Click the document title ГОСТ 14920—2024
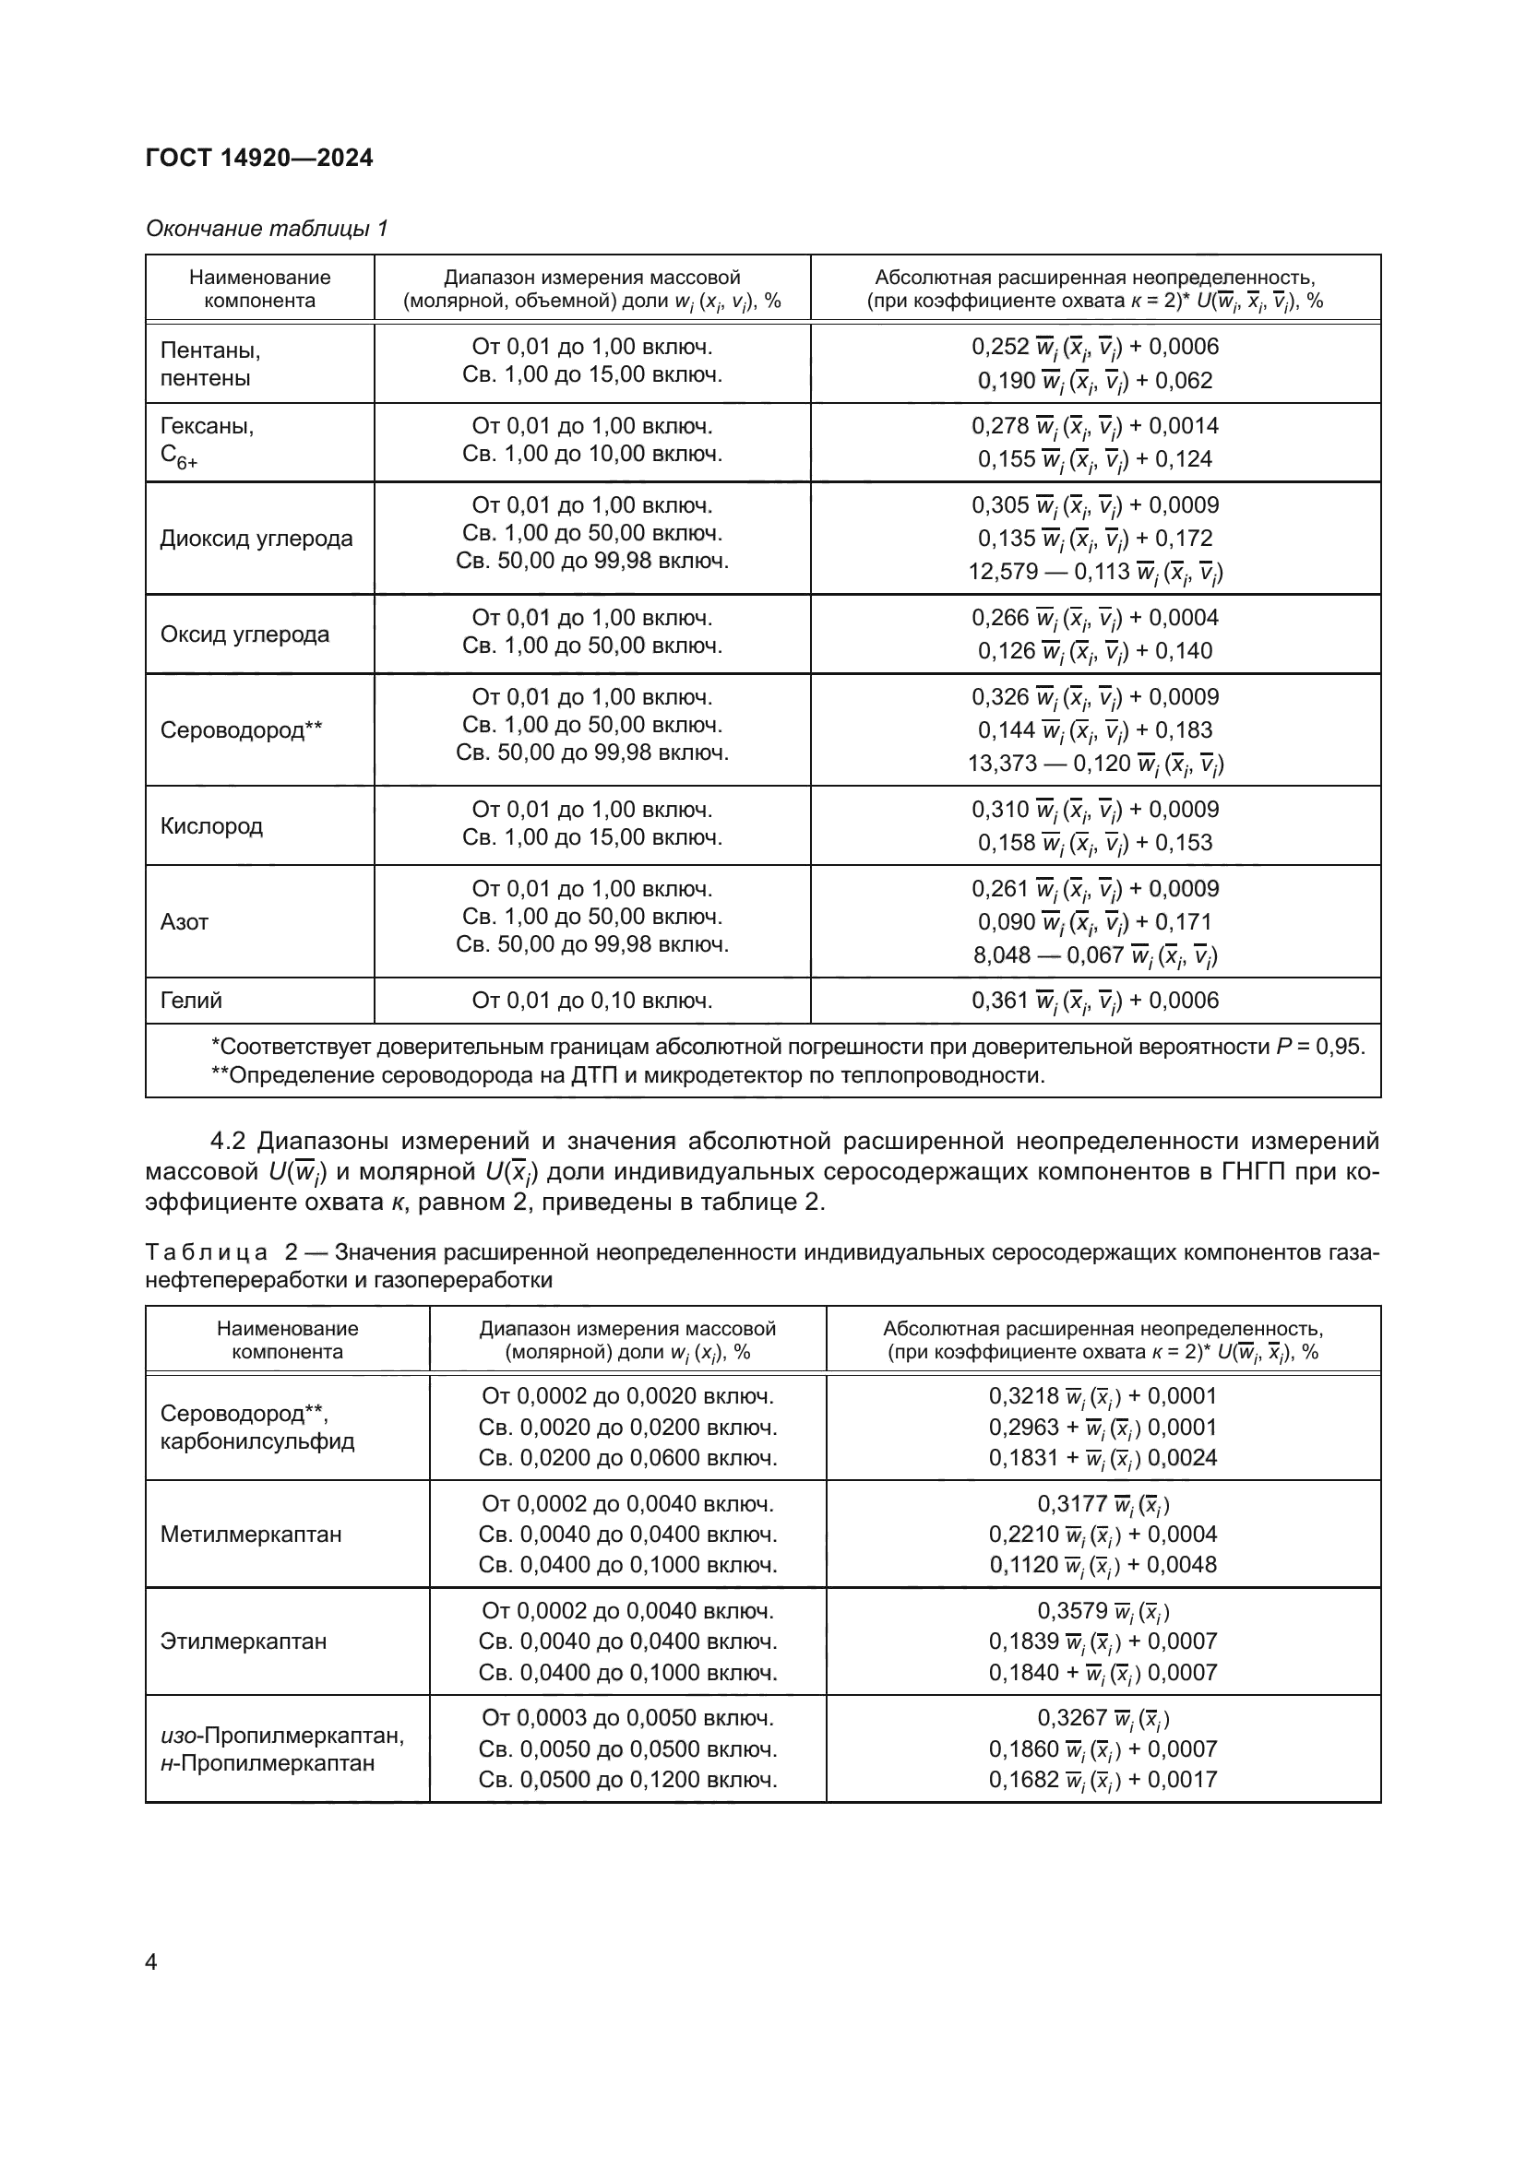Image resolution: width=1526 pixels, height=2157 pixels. point(259,158)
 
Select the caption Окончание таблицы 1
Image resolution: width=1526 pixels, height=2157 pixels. point(267,229)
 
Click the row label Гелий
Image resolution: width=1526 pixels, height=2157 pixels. point(191,1001)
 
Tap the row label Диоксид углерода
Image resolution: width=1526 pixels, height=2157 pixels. point(256,539)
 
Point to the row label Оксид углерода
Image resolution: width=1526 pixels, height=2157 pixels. point(244,634)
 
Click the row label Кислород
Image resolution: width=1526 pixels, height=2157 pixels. point(211,825)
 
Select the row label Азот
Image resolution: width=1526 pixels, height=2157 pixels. point(185,921)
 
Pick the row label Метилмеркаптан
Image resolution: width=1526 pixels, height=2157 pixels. point(251,1535)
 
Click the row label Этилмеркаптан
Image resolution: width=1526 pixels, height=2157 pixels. point(244,1641)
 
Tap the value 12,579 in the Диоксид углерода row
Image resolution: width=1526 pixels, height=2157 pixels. point(1003,571)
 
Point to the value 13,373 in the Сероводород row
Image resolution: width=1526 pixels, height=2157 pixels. point(1002,763)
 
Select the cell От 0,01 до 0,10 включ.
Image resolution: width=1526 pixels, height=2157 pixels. point(592,1001)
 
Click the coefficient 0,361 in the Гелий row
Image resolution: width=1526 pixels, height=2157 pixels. point(1000,1001)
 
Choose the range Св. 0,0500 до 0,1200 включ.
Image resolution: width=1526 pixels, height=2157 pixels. point(627,1779)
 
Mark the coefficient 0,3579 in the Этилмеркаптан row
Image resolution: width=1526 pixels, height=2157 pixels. point(1072,1610)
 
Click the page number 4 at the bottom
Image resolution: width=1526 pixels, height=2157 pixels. point(151,1962)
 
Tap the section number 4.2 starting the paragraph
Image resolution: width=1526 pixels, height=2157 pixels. point(227,1142)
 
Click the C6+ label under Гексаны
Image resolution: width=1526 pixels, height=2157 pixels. point(179,457)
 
